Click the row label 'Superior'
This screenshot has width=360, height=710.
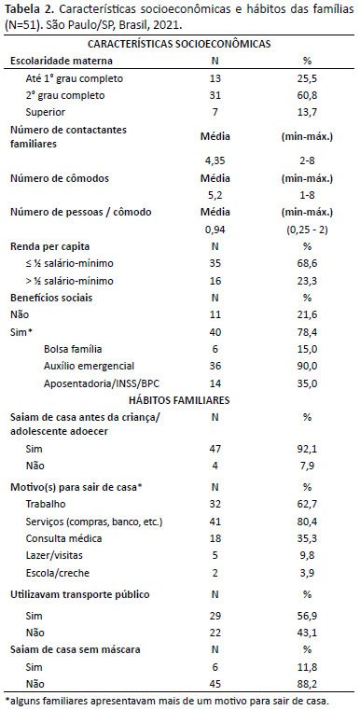(x=46, y=112)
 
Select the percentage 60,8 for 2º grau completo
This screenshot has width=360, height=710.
(x=307, y=95)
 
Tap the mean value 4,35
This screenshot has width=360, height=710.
(x=215, y=160)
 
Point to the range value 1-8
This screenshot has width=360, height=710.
(x=307, y=195)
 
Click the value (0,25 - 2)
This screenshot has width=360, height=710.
(x=307, y=230)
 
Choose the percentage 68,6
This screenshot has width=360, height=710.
(x=307, y=263)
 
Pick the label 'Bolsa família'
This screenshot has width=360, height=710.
(x=73, y=349)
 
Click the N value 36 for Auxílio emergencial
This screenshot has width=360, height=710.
(x=215, y=366)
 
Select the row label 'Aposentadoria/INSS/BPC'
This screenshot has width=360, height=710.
(x=102, y=383)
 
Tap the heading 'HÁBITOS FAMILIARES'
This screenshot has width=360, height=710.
(x=179, y=400)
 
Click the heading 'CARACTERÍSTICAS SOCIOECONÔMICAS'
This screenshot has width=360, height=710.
(x=179, y=44)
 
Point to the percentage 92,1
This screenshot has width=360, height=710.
(x=307, y=450)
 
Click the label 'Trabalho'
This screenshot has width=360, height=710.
(x=46, y=504)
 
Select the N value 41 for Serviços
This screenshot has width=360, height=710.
(x=215, y=522)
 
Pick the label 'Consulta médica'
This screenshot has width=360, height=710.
(x=63, y=538)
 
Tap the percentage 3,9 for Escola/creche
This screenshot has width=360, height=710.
(x=307, y=572)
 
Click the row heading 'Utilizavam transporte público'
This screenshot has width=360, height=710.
(x=80, y=594)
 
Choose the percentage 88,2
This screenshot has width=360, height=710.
(x=307, y=683)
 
